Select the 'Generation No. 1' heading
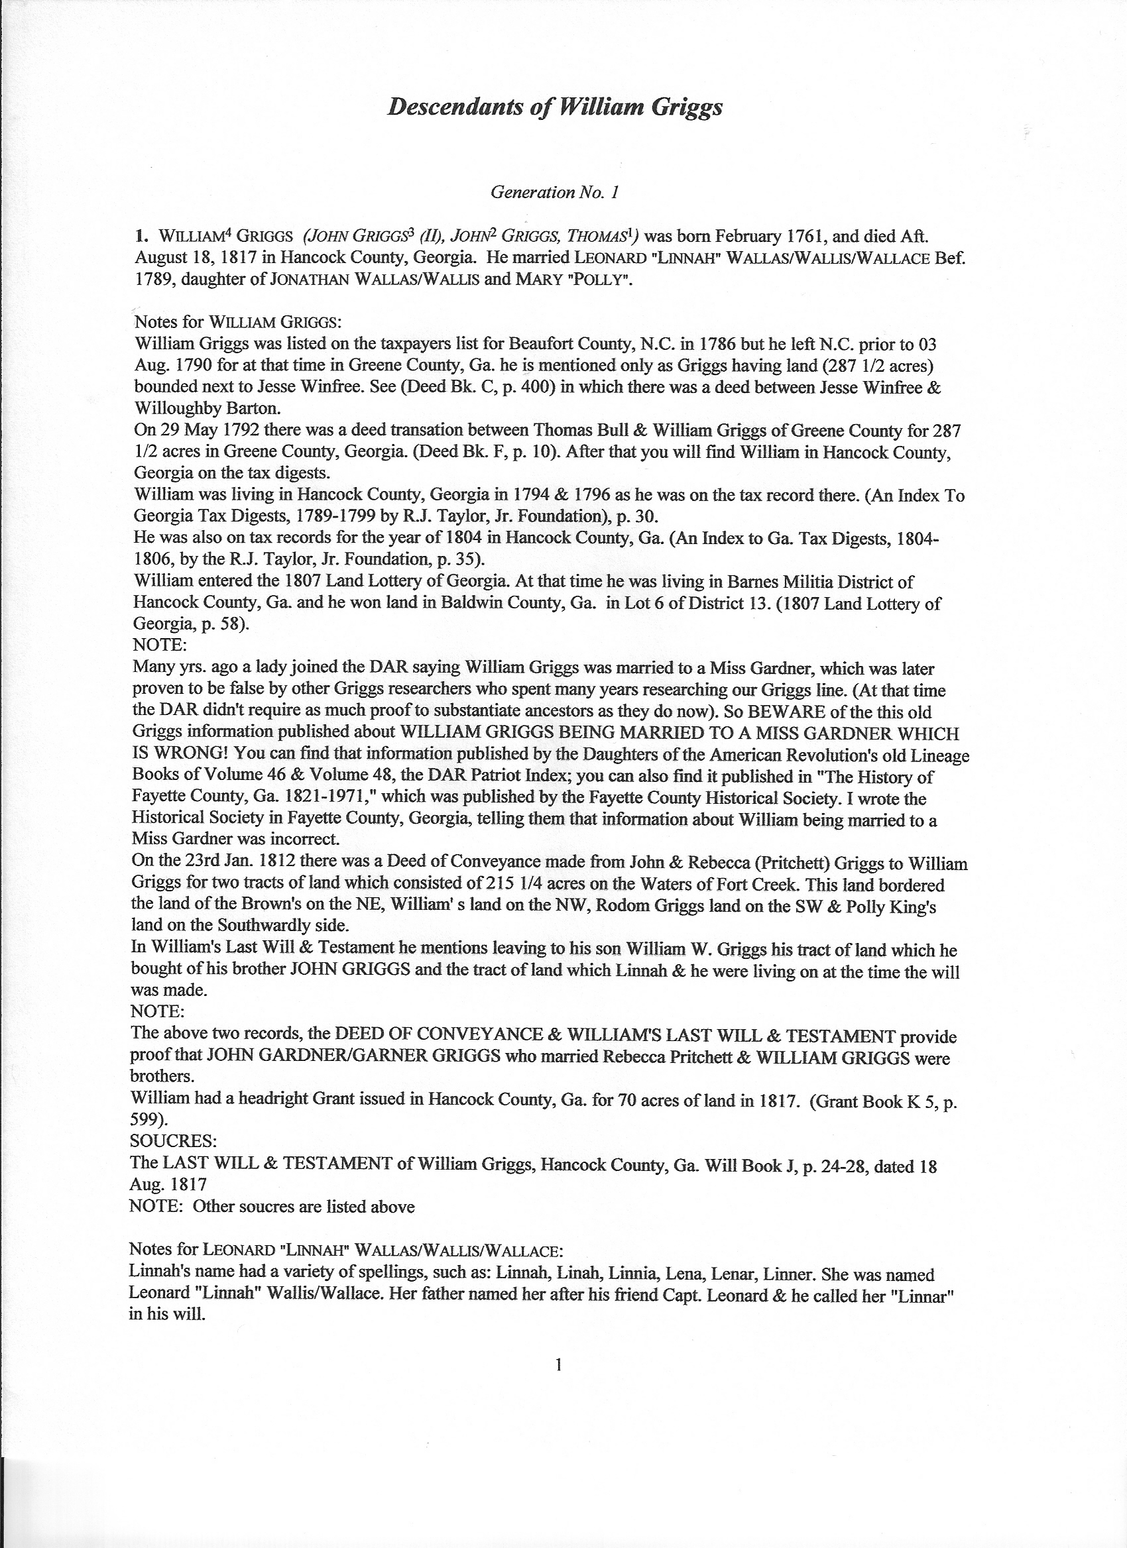pos(554,192)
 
